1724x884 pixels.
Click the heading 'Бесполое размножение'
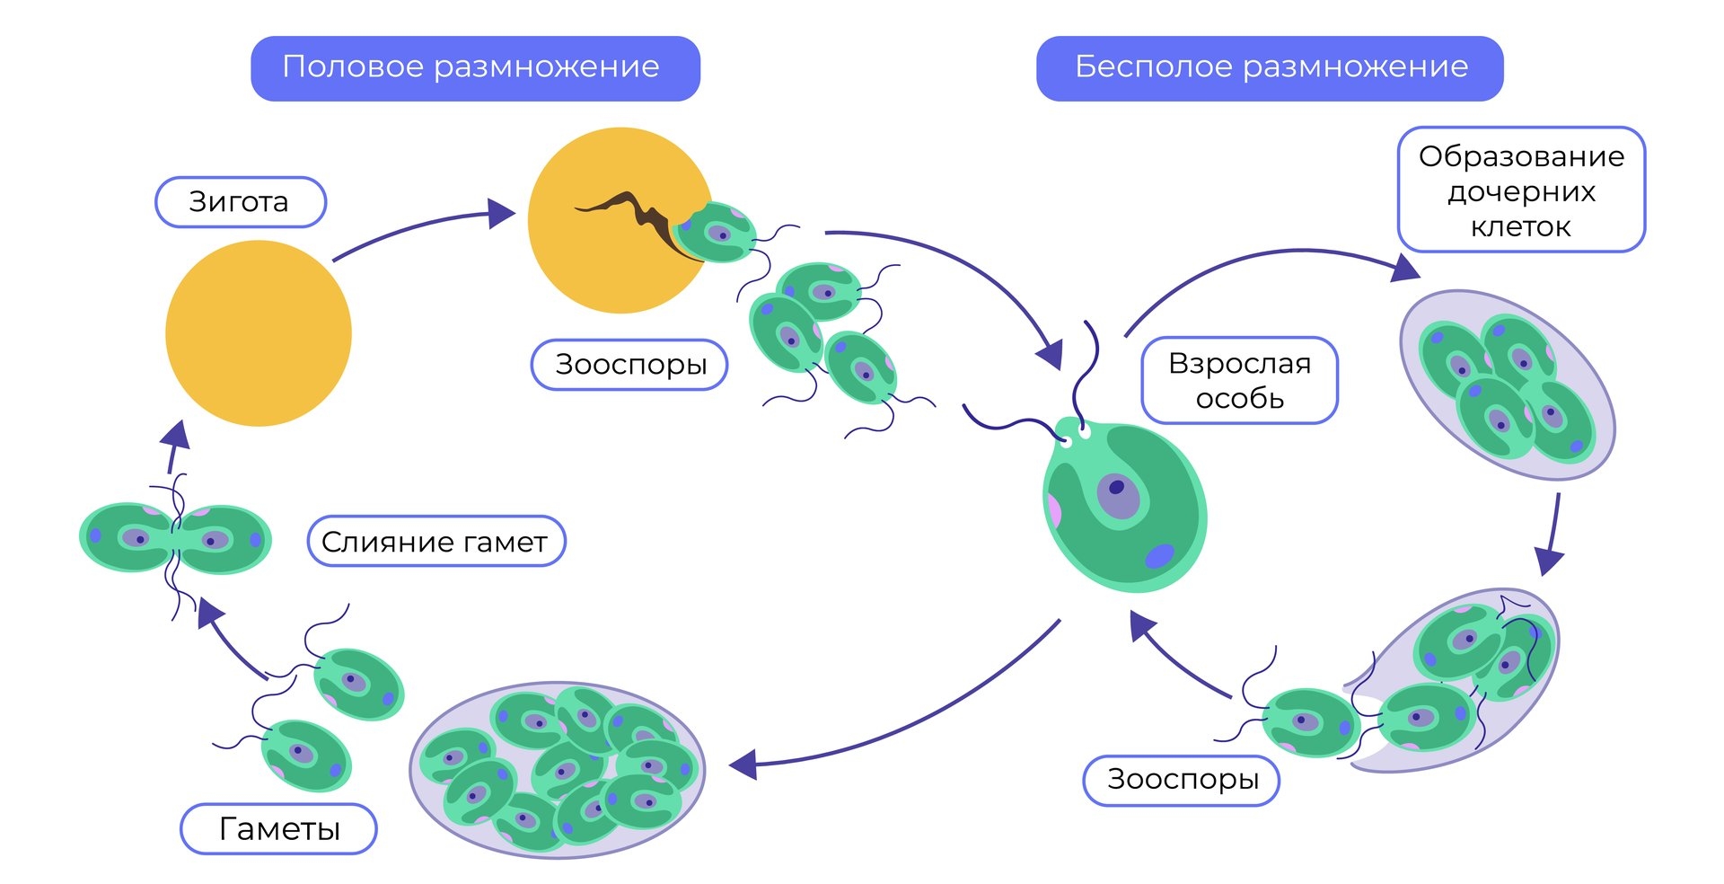pos(1270,67)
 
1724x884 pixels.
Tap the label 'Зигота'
pos(240,202)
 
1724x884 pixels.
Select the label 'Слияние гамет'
pos(435,542)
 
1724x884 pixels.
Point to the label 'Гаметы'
pos(278,828)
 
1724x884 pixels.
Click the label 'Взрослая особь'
pos(1239,380)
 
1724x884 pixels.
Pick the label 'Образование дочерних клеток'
pos(1521,190)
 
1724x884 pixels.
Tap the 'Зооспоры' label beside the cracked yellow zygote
pos(629,365)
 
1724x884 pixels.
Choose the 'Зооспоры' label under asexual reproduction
pos(1182,779)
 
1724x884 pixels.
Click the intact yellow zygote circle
pos(259,333)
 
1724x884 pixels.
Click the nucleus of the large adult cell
pos(1117,489)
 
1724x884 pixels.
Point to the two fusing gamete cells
pos(176,539)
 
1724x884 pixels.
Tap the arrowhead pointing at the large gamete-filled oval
pos(743,765)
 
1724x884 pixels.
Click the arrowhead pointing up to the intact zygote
pos(176,436)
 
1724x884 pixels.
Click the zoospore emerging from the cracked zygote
pos(717,233)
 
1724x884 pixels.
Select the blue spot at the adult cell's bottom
pos(1159,556)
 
